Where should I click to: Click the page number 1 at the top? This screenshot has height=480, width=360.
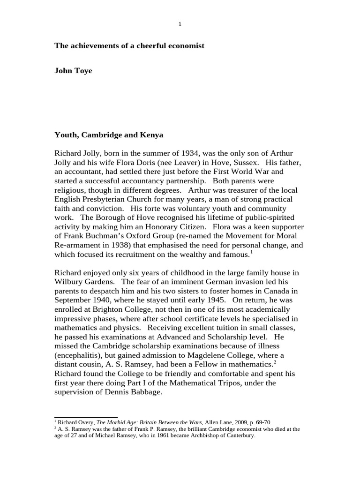tap(180, 24)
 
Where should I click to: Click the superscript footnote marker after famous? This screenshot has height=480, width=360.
tap(251, 252)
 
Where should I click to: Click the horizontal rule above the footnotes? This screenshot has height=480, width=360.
tap(86, 417)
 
